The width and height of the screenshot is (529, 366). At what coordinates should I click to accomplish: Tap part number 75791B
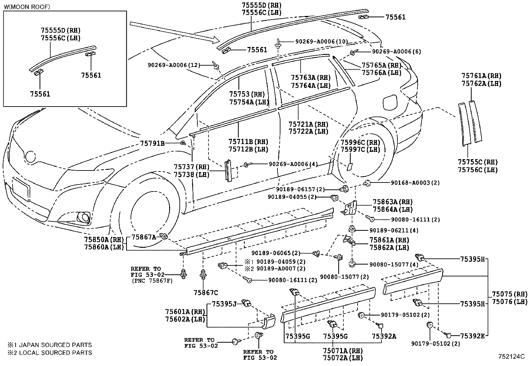click(x=153, y=144)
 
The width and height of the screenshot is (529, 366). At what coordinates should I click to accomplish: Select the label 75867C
click(x=206, y=293)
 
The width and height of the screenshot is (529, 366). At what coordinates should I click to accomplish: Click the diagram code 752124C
click(x=510, y=357)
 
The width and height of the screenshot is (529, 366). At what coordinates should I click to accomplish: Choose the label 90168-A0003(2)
click(x=415, y=183)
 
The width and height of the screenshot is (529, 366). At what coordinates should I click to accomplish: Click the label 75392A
click(x=384, y=336)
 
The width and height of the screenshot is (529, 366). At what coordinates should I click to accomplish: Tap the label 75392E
click(x=472, y=336)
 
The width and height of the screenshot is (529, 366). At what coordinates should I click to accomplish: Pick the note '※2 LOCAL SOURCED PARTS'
click(x=50, y=352)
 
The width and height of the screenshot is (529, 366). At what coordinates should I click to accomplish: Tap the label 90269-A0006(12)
click(x=174, y=65)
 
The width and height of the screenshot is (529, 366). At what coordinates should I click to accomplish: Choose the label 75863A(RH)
click(x=392, y=202)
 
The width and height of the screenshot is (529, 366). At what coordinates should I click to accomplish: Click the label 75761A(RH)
click(x=481, y=76)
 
